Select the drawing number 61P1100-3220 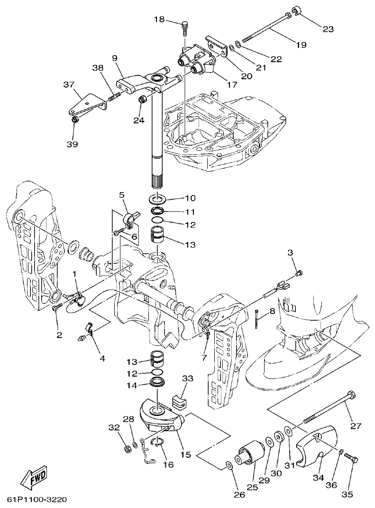point(37,500)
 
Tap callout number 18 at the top point(159,19)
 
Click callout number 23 point(328,29)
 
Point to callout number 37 point(69,85)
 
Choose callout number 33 point(188,379)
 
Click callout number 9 point(114,58)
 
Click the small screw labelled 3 point(298,273)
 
